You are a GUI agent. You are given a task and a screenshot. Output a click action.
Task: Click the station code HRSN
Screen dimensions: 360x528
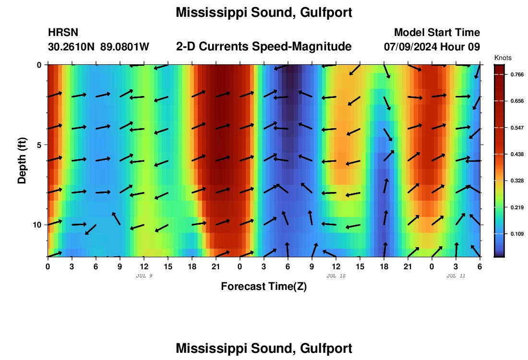(63, 33)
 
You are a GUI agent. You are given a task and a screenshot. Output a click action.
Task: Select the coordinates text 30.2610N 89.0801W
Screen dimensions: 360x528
(98, 47)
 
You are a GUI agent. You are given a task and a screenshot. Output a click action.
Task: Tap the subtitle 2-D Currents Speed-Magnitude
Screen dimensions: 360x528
(264, 47)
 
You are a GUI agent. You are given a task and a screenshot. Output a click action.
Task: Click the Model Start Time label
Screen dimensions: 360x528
(437, 33)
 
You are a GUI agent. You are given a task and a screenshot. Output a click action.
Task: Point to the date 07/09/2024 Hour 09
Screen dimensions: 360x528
(432, 47)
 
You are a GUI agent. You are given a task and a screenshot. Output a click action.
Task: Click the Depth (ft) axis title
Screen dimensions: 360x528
(22, 161)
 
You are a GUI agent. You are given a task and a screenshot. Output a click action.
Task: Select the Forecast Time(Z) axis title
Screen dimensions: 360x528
(264, 287)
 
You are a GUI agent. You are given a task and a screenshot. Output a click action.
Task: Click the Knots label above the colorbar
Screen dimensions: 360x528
(503, 58)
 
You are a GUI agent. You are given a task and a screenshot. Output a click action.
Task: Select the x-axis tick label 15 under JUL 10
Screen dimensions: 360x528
(360, 266)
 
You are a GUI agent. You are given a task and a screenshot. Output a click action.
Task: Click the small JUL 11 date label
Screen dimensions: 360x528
(456, 276)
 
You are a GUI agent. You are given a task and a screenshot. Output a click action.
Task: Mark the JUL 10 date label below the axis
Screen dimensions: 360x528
(336, 276)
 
